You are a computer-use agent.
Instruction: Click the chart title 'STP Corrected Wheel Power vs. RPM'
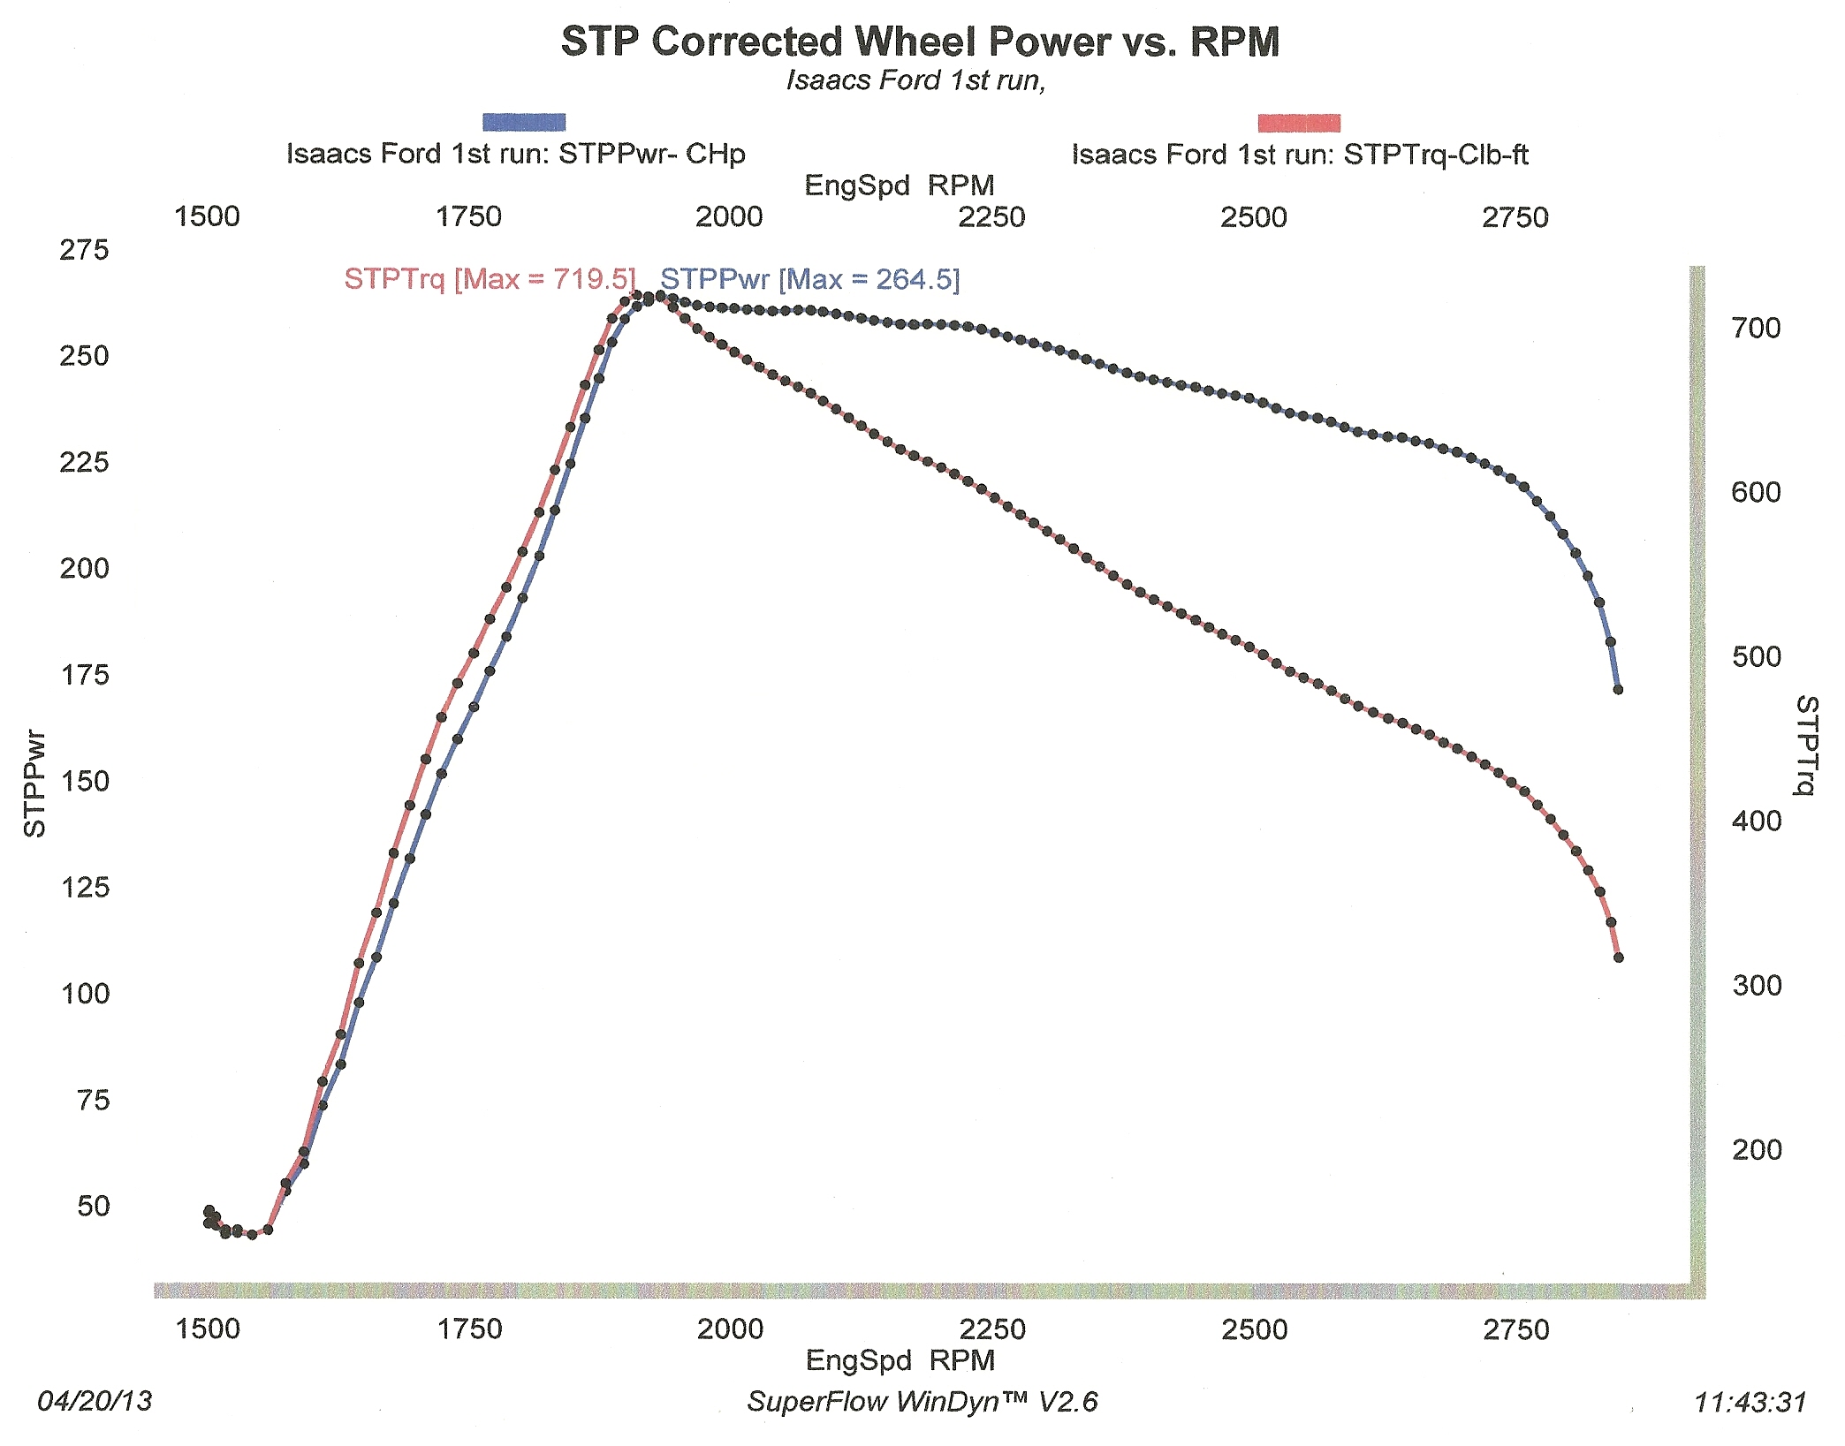click(920, 42)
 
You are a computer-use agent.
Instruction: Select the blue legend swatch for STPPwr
click(524, 123)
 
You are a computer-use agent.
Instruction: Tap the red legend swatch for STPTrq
click(1299, 124)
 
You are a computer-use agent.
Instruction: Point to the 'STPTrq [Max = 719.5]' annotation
click(490, 279)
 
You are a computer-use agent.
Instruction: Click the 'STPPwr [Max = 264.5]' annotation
click(809, 279)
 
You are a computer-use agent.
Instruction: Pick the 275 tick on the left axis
click(84, 250)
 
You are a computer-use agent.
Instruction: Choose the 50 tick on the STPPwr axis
click(94, 1206)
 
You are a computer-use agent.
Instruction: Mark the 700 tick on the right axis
click(1756, 329)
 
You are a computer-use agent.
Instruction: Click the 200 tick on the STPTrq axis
click(1756, 1149)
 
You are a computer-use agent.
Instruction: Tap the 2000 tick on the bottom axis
click(730, 1329)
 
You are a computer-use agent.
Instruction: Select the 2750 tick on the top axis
click(1515, 217)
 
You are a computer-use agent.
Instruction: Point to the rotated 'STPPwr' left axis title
click(34, 783)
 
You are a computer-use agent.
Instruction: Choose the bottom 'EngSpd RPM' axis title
click(900, 1360)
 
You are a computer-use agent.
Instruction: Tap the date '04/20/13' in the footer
click(95, 1401)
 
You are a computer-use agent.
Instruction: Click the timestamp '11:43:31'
click(1750, 1402)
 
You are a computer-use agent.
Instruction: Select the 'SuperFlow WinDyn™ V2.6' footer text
click(922, 1402)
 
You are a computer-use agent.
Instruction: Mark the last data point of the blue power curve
click(1618, 689)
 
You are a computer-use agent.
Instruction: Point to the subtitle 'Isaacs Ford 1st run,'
click(915, 80)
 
